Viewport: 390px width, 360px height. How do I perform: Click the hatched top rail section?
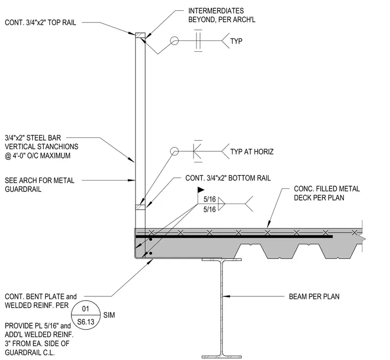point(140,35)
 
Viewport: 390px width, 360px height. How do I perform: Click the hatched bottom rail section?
point(140,207)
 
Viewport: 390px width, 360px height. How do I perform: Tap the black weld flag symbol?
point(201,190)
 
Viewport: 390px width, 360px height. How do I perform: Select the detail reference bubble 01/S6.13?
point(86,315)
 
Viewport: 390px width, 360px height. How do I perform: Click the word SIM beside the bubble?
point(109,315)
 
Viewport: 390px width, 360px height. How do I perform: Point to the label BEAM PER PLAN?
point(314,296)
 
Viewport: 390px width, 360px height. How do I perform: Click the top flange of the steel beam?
point(222,259)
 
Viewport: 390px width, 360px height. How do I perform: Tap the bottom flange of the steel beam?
point(222,357)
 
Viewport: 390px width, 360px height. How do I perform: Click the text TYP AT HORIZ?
point(252,152)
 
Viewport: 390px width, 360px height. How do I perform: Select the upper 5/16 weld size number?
point(210,199)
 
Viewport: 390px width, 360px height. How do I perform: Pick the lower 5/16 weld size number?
point(210,209)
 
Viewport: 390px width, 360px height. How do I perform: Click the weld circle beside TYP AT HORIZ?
point(174,151)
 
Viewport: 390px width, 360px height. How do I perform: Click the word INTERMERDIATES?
point(216,11)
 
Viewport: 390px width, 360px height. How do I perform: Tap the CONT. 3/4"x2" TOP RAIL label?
point(41,23)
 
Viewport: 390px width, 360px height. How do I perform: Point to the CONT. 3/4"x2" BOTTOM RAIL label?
point(228,178)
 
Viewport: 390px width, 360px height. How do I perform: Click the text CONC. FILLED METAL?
point(327,189)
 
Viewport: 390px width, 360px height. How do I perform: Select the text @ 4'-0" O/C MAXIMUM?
point(37,155)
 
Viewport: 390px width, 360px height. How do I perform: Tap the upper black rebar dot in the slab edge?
point(150,239)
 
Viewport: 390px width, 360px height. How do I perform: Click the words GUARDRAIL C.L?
point(30,352)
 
